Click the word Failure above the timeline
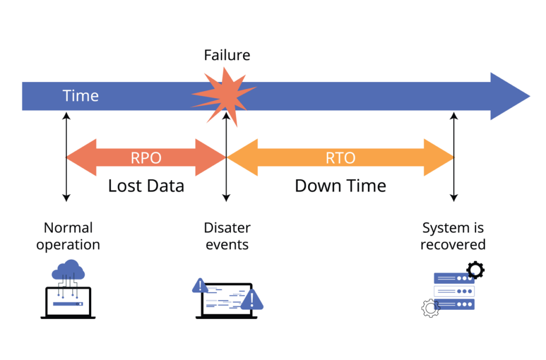tap(227, 55)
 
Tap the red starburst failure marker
tap(223, 96)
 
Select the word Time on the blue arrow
tap(81, 96)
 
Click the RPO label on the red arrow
tap(146, 158)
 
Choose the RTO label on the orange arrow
tap(340, 158)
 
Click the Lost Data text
tap(146, 186)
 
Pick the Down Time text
tap(340, 186)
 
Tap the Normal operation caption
tap(68, 236)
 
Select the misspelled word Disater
tap(227, 228)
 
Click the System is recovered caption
tap(453, 236)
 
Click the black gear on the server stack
tap(475, 270)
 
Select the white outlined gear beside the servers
tap(430, 308)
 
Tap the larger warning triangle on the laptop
tap(251, 300)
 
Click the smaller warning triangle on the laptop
tap(200, 286)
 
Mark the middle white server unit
tap(454, 291)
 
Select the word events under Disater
tap(227, 245)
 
